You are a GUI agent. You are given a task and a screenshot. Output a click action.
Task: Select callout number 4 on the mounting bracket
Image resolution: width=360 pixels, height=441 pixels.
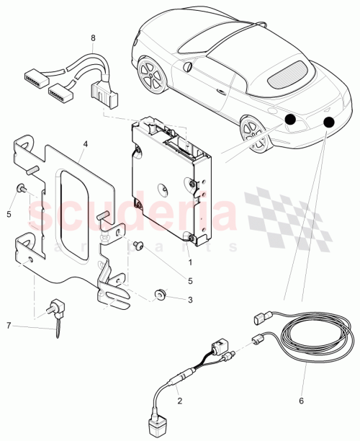coord(85,143)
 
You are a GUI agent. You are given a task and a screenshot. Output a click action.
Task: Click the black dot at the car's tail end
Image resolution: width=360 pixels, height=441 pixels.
coord(330,122)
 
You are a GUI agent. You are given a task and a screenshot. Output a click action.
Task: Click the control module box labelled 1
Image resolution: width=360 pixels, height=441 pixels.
coord(170,180)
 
